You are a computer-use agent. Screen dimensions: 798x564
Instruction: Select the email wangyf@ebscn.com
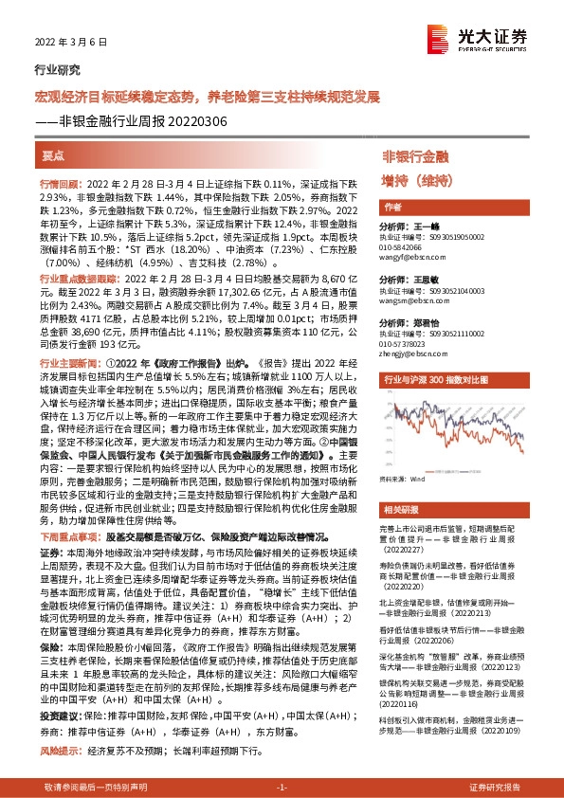409,256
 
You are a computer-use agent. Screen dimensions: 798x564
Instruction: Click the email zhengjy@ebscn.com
409,352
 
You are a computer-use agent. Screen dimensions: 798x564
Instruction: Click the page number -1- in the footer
282,788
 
